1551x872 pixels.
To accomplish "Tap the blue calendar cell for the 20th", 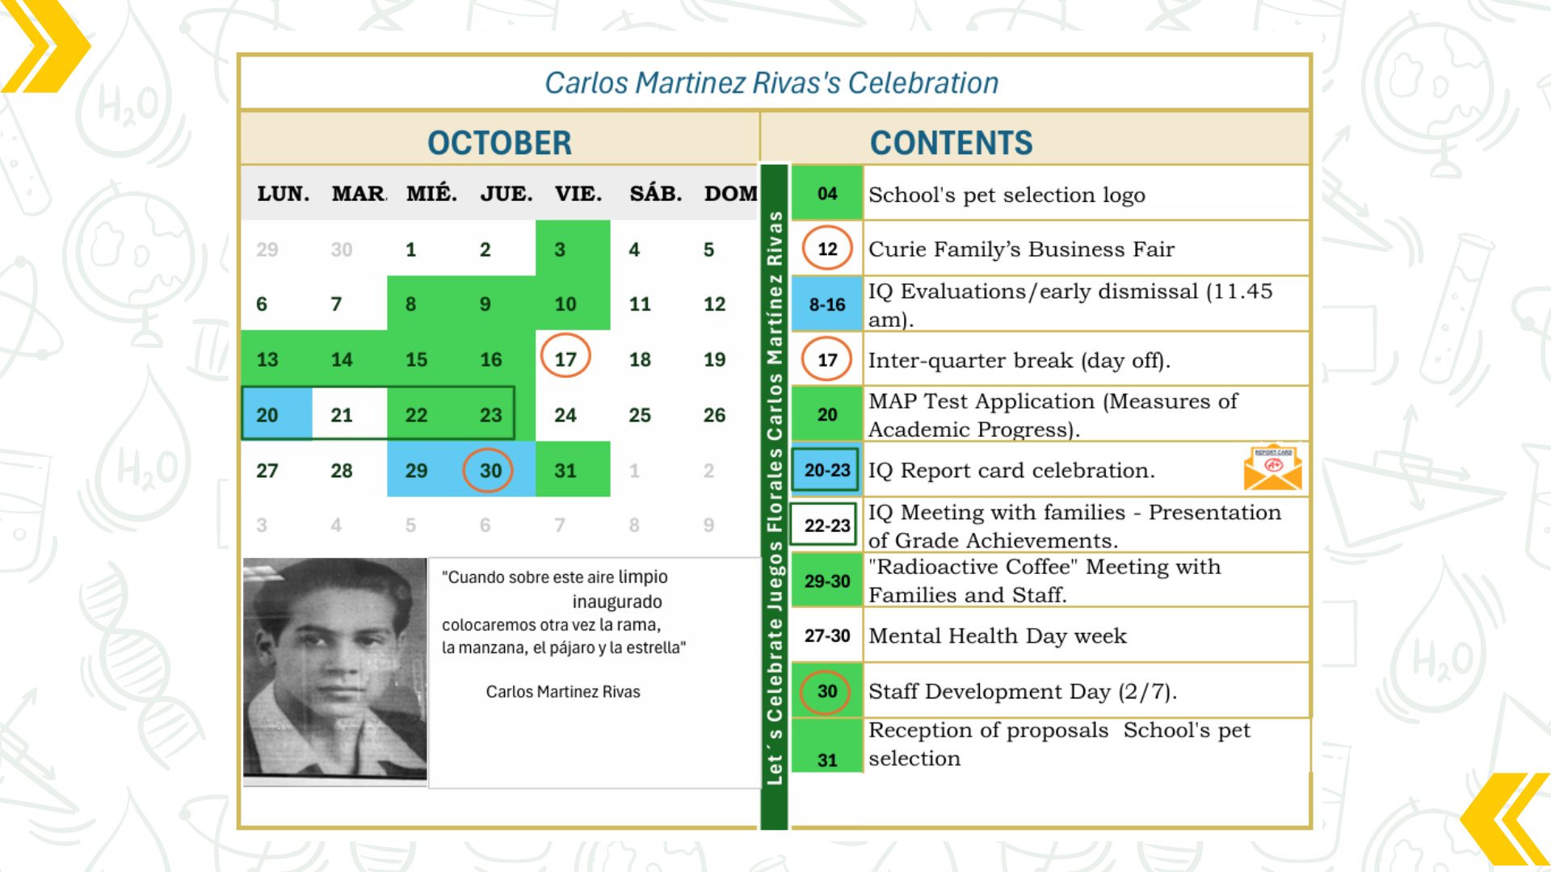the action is [277, 414].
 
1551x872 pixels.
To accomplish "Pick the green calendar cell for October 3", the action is [573, 249].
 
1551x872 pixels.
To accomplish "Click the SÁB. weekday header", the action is [656, 194].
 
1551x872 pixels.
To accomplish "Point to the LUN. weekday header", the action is [284, 194].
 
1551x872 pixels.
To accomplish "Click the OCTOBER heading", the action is [499, 143].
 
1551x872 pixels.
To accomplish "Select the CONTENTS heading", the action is [951, 143].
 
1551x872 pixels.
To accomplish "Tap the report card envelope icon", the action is [1273, 467].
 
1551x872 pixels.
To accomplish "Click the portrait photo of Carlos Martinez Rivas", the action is [335, 669].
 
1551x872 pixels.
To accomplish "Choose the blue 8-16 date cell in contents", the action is [827, 304].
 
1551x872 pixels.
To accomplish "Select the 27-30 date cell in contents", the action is [827, 635].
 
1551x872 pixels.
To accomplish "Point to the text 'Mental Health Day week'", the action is [998, 636].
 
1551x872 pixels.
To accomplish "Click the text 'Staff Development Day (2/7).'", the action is [1023, 692].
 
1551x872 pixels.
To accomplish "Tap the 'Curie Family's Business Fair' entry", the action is [1021, 249].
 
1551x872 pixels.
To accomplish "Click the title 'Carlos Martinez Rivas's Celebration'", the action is [771, 83].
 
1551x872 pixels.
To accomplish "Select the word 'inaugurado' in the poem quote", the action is [617, 602].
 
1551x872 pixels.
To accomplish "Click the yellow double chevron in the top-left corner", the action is [46, 46].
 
